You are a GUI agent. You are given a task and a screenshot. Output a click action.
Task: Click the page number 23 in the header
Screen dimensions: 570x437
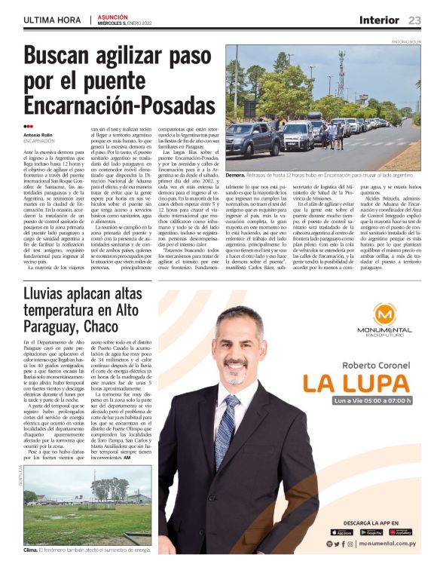pos(414,20)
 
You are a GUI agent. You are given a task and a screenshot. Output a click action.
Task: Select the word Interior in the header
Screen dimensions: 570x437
pos(379,20)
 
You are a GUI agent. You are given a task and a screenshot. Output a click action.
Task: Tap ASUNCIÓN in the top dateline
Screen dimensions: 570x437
pos(113,16)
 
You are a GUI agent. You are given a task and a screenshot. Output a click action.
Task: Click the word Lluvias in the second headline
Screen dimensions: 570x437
pos(51,293)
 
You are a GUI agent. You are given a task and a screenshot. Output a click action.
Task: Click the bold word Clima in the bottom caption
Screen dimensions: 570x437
pos(31,550)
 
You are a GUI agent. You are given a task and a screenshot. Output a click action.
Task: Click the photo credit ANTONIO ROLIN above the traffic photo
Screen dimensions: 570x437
pos(406,42)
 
